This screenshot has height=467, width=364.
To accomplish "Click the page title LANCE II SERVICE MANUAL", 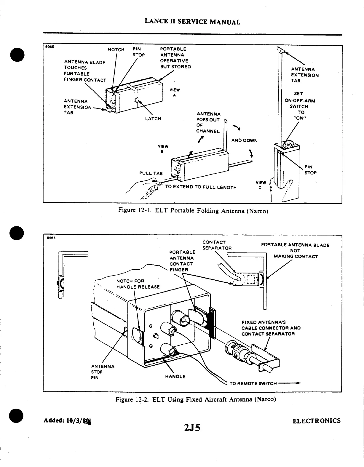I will click(x=192, y=22).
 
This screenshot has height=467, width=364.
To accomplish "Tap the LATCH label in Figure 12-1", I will click(x=153, y=119).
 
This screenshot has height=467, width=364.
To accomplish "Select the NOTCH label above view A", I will click(x=116, y=49).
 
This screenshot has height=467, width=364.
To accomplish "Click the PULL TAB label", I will click(x=151, y=173).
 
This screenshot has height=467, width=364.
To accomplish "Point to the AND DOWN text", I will click(x=244, y=140).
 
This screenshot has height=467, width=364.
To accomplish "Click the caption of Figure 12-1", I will click(x=193, y=211).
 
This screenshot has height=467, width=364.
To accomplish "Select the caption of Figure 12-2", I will click(x=196, y=399).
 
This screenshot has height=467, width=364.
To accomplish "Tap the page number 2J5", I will click(x=192, y=428).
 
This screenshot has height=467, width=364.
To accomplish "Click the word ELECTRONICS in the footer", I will click(x=316, y=421).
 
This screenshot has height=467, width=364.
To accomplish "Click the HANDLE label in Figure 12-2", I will click(x=175, y=376).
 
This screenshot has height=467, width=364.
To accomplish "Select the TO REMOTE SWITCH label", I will click(x=253, y=383).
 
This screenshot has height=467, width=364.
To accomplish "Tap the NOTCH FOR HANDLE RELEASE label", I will click(x=138, y=284).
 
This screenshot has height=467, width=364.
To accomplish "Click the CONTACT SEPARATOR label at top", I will click(x=217, y=245).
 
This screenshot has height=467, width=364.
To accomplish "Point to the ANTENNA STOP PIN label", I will click(x=102, y=372).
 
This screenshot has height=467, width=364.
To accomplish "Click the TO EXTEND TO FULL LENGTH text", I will click(x=200, y=187).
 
